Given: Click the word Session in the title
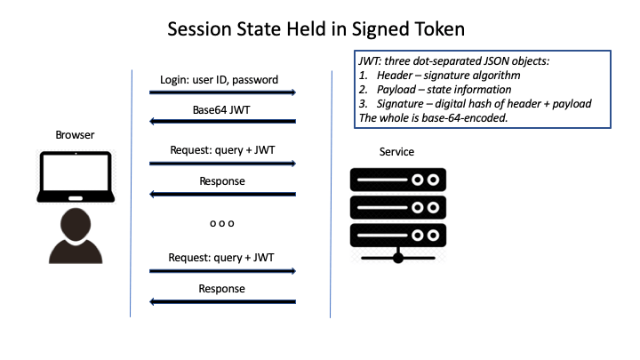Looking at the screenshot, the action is click(200, 29).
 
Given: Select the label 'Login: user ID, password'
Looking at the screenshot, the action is click(220, 80).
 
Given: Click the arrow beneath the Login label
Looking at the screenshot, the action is click(222, 92).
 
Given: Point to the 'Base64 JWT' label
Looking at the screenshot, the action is click(221, 110).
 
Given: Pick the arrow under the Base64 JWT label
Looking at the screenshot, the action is click(222, 121).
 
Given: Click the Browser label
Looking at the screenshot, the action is click(75, 135).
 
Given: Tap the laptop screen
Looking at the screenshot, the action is click(76, 172).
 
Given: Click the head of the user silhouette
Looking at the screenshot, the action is click(76, 225).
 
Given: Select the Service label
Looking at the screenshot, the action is click(396, 152).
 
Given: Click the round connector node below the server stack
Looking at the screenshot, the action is click(398, 258).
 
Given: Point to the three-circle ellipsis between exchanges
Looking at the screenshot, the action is click(222, 223).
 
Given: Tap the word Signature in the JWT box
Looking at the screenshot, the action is click(400, 104).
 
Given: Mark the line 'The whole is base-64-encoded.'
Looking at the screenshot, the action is click(433, 118).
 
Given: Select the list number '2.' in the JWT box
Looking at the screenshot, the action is click(364, 90).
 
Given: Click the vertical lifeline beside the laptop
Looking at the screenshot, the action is click(131, 194).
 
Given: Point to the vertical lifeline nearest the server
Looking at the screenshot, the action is click(331, 194).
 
